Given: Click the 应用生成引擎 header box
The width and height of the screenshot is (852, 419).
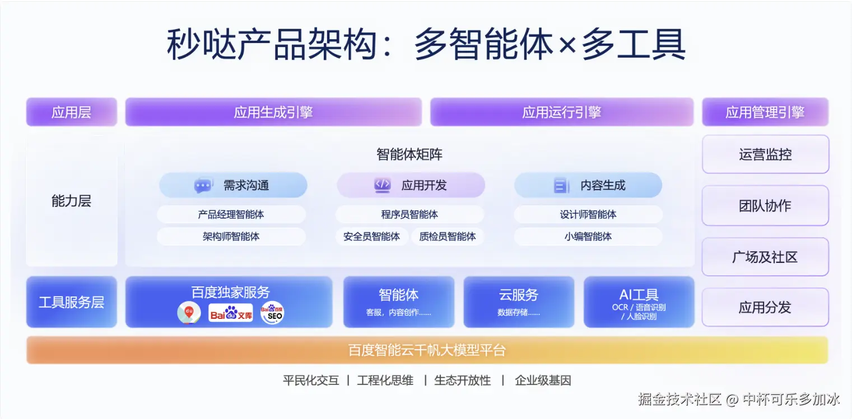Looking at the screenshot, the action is point(273,112).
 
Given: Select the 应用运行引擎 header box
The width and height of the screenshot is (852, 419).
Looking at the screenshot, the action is point(562,112).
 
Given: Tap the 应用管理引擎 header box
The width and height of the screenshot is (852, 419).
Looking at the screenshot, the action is point(765,112).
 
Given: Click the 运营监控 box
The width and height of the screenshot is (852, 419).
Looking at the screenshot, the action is point(765,154).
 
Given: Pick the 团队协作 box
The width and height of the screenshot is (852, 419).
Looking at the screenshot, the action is point(765,205).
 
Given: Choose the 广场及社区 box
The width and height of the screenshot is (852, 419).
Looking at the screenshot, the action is point(765,257).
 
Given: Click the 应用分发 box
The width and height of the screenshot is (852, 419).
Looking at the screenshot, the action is point(765,307).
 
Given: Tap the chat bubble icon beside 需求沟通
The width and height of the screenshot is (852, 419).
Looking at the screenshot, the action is point(203,185).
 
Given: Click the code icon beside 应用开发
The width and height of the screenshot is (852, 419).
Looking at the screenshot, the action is point(382,185).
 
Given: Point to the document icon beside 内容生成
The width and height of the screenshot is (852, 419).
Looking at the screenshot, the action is point(561,185).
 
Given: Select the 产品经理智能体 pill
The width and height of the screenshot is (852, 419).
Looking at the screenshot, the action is point(231,214).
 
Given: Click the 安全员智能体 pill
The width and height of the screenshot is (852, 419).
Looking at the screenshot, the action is point(371,237).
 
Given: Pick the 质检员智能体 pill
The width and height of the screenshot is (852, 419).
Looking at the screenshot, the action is point(448,237).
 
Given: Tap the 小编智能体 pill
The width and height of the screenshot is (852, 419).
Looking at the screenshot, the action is point(588,237).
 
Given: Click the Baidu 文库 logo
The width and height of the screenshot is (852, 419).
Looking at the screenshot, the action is point(231,313).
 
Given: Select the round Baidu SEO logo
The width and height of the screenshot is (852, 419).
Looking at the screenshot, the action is point(272,313).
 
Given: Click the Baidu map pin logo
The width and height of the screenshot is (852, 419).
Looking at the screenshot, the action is point(189,313).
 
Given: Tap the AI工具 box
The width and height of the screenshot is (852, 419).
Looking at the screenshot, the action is point(639,302).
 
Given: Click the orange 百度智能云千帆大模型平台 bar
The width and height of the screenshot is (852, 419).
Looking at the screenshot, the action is point(427,350).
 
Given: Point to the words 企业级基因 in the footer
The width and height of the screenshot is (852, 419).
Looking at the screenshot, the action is point(543,380).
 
